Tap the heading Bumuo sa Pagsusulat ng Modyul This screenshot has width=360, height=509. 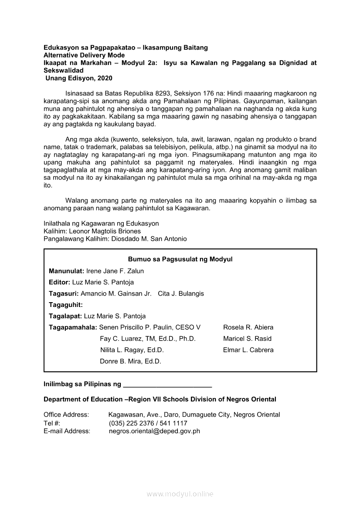coord(180,260)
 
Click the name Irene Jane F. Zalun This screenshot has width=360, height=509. coord(115,271)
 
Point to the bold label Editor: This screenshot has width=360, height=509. coord(60,282)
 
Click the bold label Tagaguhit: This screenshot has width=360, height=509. coord(66,305)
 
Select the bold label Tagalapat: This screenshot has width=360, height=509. coord(65,316)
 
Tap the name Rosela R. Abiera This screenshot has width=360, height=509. coord(248,327)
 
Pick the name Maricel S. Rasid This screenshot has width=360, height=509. coord(247,339)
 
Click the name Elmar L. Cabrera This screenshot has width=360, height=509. coord(248,350)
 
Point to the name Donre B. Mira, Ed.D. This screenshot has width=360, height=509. coord(130,361)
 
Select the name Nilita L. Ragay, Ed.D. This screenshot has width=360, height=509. coord(132,350)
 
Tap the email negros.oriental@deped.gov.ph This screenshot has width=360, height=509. coord(154,431)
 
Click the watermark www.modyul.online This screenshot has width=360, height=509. coord(180,494)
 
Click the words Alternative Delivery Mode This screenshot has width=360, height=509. coord(84,55)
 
